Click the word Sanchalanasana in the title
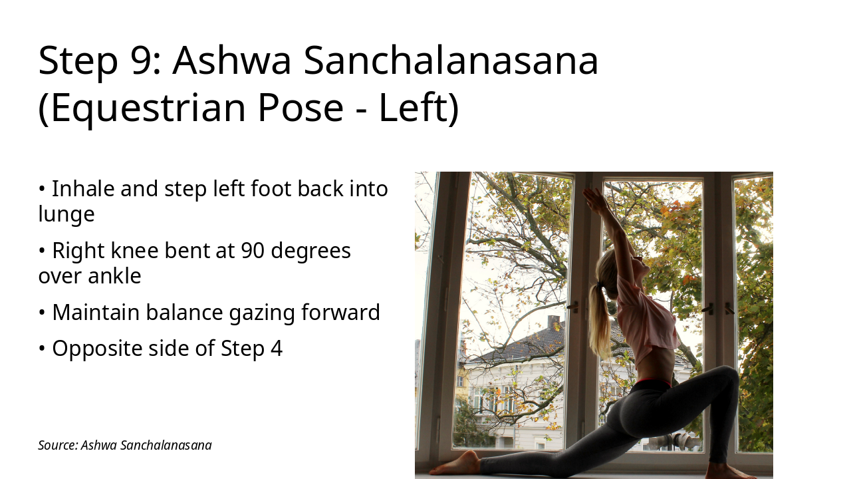(451, 60)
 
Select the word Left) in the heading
(419, 108)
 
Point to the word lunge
(66, 214)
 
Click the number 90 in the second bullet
(253, 251)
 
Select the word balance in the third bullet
(183, 312)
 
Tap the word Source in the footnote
(57, 445)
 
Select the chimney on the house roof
(553, 322)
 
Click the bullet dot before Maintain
(42, 312)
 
